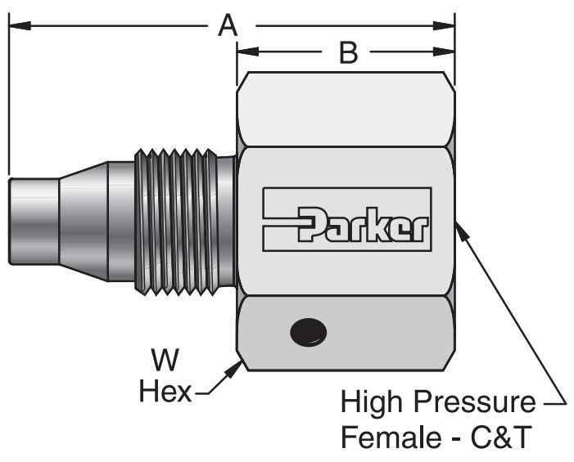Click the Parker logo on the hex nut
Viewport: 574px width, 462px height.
(x=347, y=218)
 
